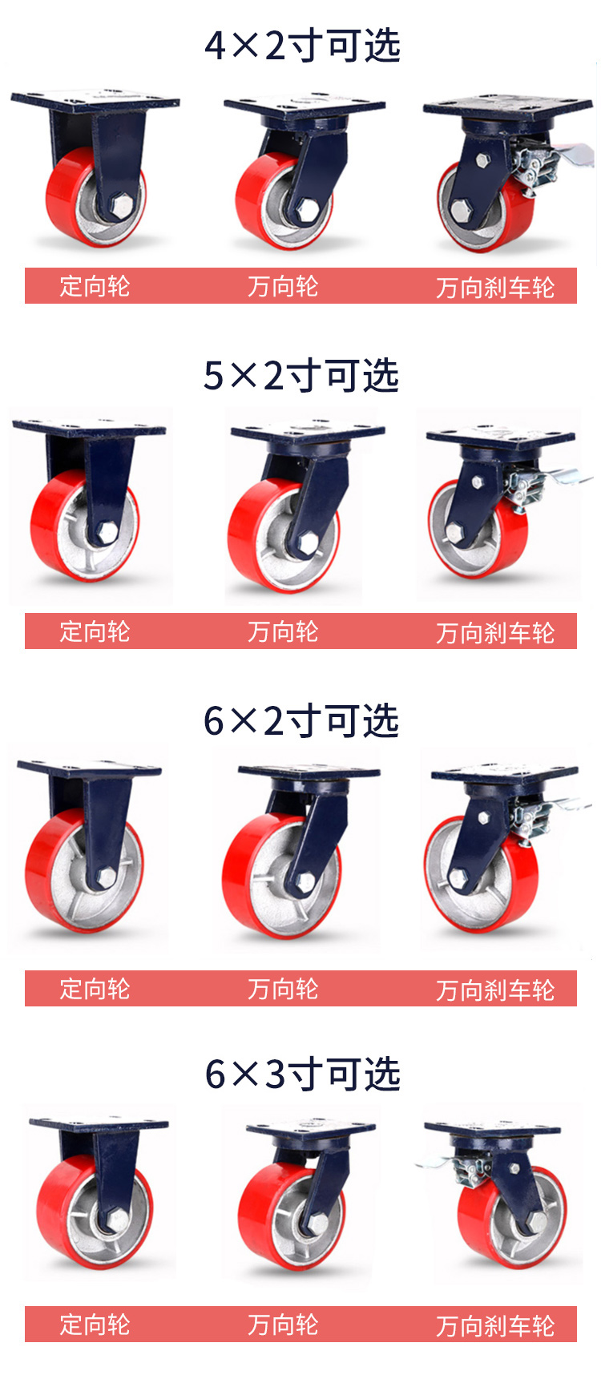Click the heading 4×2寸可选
point(302,46)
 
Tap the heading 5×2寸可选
point(301,375)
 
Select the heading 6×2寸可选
point(301,720)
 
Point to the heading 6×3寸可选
point(302,1074)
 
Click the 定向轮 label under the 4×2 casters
point(95,286)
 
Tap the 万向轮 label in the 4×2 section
point(283,286)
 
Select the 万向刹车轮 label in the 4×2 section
point(495,288)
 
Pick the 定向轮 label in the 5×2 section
point(95,631)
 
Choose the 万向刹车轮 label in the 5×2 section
point(495,633)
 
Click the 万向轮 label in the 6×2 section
point(283,989)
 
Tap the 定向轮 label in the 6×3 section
point(95,1325)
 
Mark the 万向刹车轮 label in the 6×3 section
point(495,1326)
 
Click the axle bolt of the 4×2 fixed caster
point(121,207)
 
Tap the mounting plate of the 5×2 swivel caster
point(308,433)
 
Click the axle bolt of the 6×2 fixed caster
point(106,877)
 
